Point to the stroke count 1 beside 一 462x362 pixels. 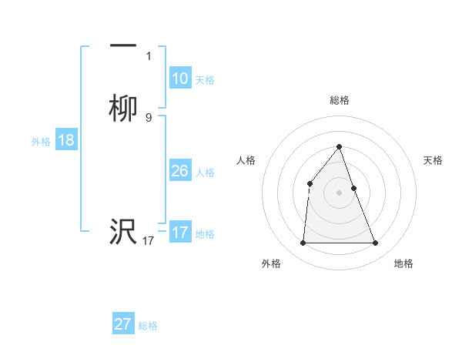[x=149, y=55]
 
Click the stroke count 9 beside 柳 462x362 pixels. [x=149, y=117]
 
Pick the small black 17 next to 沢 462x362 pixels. [x=149, y=240]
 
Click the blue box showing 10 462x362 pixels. [x=179, y=79]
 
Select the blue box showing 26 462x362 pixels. [x=179, y=171]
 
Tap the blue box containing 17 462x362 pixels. [x=179, y=233]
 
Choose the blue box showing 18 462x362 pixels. [x=65, y=140]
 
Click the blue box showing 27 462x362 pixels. [x=122, y=324]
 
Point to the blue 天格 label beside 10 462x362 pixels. [x=205, y=80]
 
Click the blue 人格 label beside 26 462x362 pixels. [x=205, y=173]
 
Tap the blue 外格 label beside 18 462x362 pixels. [x=41, y=142]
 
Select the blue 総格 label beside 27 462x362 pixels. [x=148, y=326]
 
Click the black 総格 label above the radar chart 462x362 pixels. [x=339, y=100]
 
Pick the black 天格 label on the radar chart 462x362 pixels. [x=434, y=160]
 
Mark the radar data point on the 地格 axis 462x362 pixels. [x=376, y=243]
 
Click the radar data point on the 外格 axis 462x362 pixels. [x=303, y=243]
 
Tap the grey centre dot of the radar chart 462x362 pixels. [x=339, y=193]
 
